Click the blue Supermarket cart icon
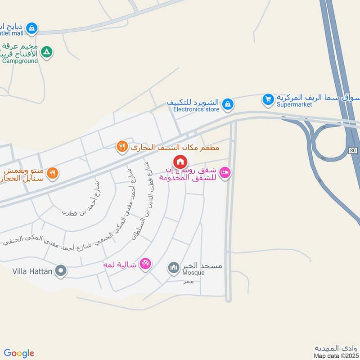[x=268, y=99]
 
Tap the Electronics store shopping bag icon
[x=228, y=104]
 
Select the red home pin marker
[x=180, y=162]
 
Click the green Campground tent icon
[x=46, y=53]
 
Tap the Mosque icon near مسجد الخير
[x=174, y=269]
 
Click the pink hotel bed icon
[x=225, y=172]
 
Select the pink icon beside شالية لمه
[x=145, y=263]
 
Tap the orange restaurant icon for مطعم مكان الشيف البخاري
[x=121, y=146]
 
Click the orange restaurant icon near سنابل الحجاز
[x=53, y=173]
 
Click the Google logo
[x=19, y=353]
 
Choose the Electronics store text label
[x=196, y=109]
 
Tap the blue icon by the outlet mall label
[x=31, y=29]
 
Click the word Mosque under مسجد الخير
[x=193, y=273]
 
